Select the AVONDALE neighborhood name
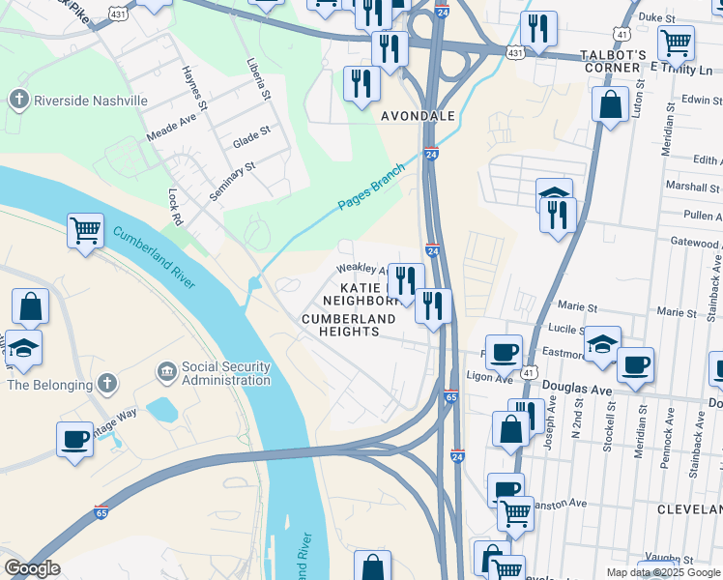[x=418, y=116]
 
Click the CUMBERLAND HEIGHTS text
[x=340, y=325]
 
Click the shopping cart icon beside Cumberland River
[x=85, y=231]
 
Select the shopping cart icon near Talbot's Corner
[x=675, y=43]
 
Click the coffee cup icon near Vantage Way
[x=74, y=439]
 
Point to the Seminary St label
[x=232, y=181]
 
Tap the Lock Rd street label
[x=176, y=207]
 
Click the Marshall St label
[x=696, y=188]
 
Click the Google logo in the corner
[x=32, y=568]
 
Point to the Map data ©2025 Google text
[x=662, y=572]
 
